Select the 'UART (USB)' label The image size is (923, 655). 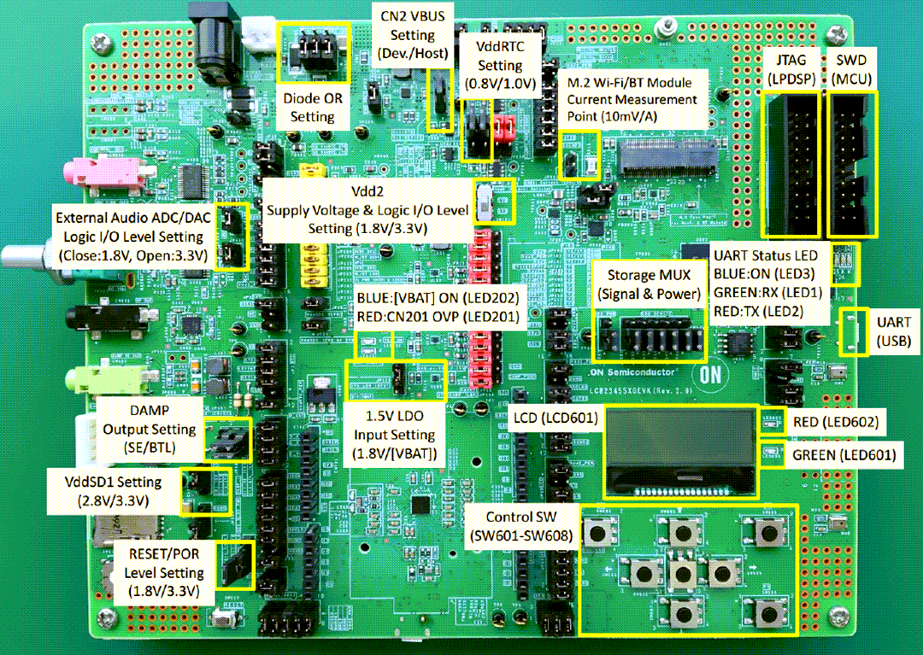(893, 332)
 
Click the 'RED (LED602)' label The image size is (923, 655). (835, 422)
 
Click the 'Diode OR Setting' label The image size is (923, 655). (312, 107)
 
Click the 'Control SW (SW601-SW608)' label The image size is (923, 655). (521, 526)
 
